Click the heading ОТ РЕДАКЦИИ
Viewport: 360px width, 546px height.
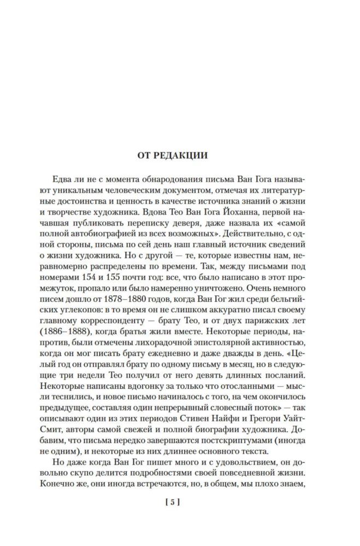point(180,155)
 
